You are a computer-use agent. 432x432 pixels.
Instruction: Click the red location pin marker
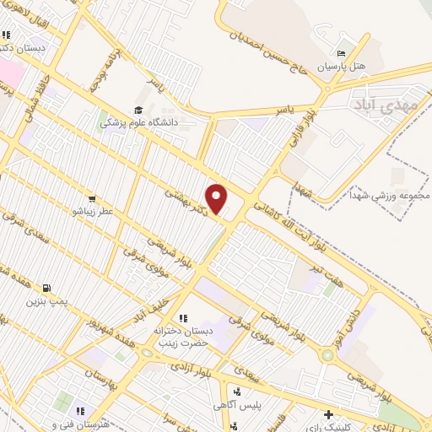[218, 199]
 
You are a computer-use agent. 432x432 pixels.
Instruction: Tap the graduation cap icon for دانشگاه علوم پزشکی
[137, 110]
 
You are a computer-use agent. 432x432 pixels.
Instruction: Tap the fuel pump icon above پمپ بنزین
[45, 287]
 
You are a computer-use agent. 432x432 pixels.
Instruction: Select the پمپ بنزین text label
[46, 300]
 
